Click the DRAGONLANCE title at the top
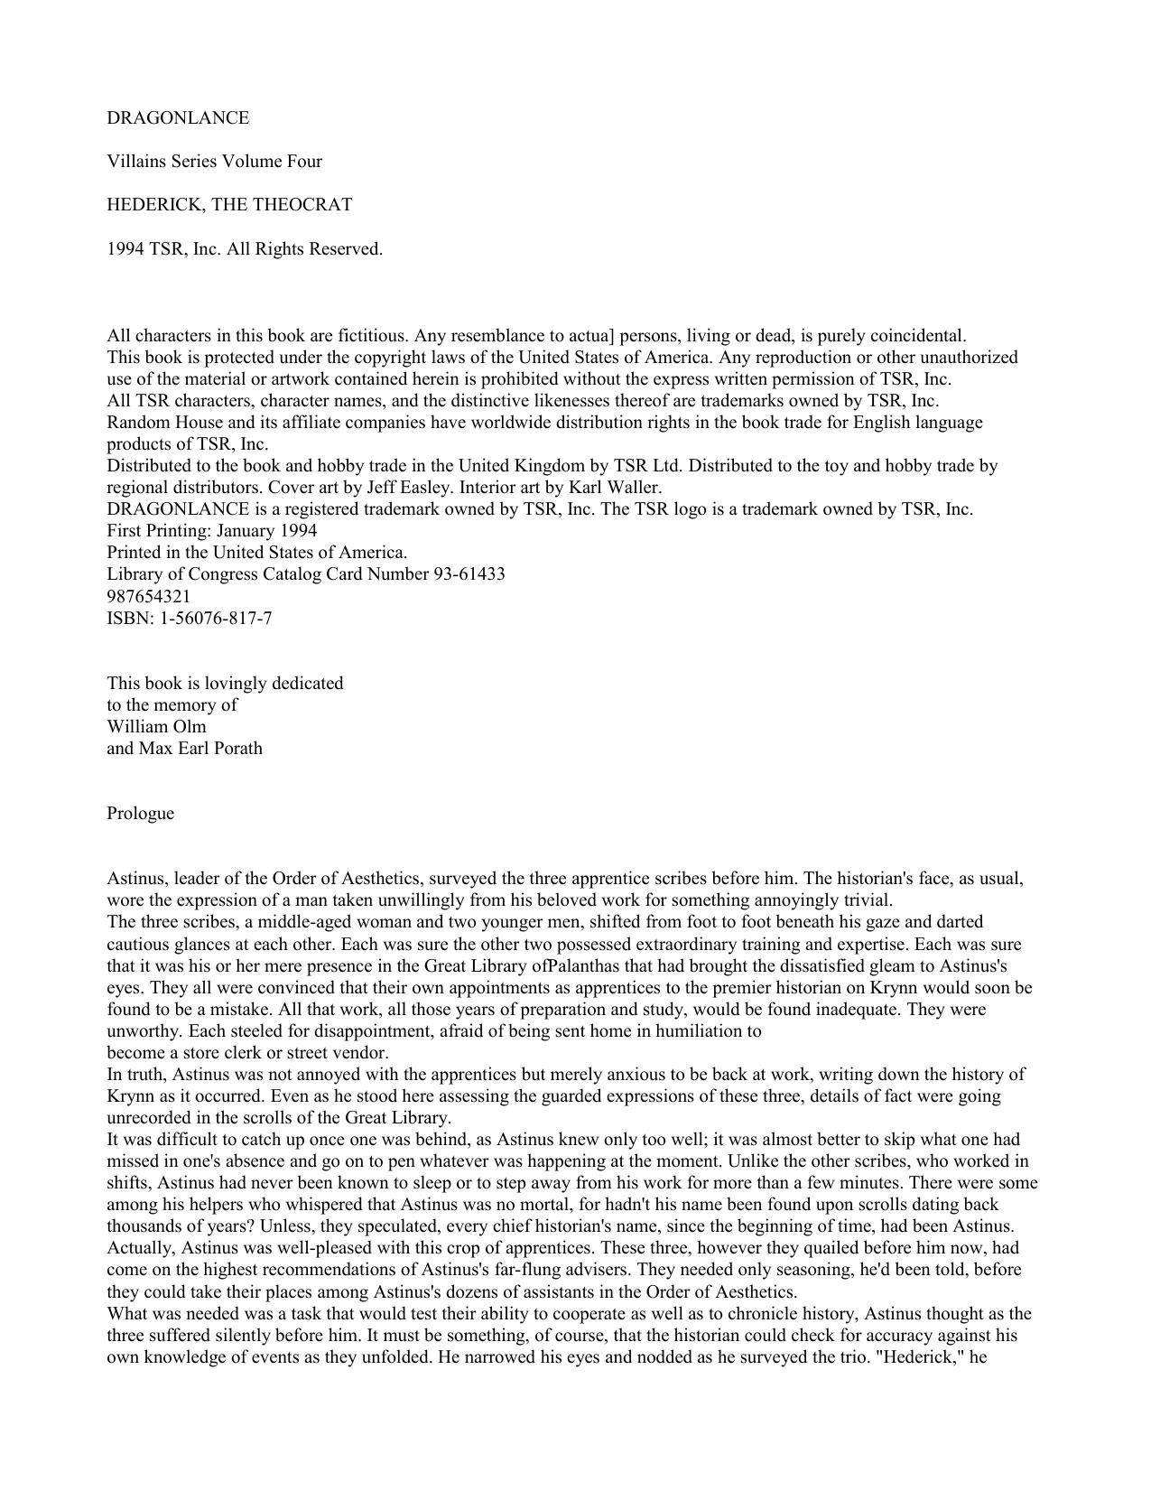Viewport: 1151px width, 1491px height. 178,118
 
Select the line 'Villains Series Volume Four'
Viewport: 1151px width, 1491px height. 214,162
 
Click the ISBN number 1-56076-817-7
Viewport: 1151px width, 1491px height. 216,619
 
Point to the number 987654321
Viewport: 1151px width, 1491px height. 148,597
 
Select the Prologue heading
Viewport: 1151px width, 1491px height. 140,814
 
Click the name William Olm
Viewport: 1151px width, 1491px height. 156,727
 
